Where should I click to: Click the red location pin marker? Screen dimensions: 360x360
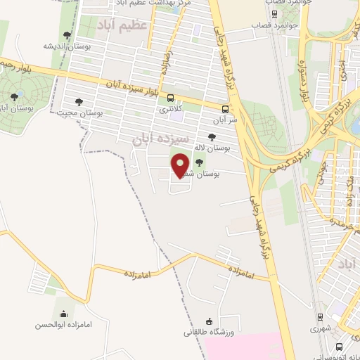tap(181, 165)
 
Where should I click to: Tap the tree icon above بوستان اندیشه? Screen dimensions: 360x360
tap(67, 34)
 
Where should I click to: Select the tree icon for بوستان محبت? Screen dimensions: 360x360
tap(79, 102)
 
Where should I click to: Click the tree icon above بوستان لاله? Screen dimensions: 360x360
tap(212, 137)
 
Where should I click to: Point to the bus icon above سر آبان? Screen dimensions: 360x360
tap(225, 109)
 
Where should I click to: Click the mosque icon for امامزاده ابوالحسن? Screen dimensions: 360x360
tap(64, 314)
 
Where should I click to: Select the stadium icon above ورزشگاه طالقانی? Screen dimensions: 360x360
tap(210, 320)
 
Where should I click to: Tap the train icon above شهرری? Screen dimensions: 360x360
tap(319, 317)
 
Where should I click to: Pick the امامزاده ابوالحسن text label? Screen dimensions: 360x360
tap(64, 326)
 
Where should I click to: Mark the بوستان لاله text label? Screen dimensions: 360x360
tap(212, 148)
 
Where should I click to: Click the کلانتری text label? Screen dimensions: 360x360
tap(171, 109)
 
